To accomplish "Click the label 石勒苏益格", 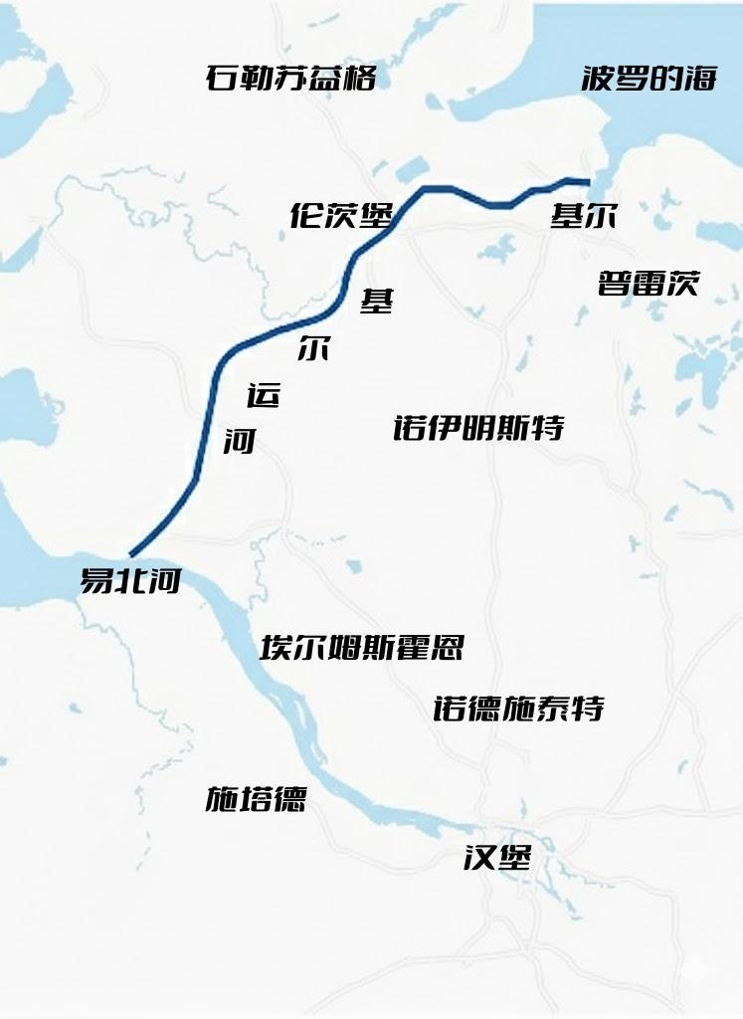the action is coord(291,79).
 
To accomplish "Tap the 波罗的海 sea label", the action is coord(649,80).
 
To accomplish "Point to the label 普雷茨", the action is coord(649,284).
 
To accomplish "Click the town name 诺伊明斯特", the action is coord(478,428).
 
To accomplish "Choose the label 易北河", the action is coord(130,581).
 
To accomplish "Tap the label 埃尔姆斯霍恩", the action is coord(361,648).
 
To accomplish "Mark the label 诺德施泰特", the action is coord(518,709).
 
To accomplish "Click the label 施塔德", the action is coord(256,798).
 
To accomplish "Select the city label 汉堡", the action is coord(497,857).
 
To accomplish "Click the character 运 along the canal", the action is coord(264,395).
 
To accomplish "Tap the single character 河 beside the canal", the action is coord(240,441).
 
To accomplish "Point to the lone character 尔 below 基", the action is coord(313,348).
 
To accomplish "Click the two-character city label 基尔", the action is coord(583,216).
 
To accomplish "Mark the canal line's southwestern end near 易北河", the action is coord(131,554).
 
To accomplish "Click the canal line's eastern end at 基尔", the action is coord(588,182).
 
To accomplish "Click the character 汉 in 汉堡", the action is coord(479,857).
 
